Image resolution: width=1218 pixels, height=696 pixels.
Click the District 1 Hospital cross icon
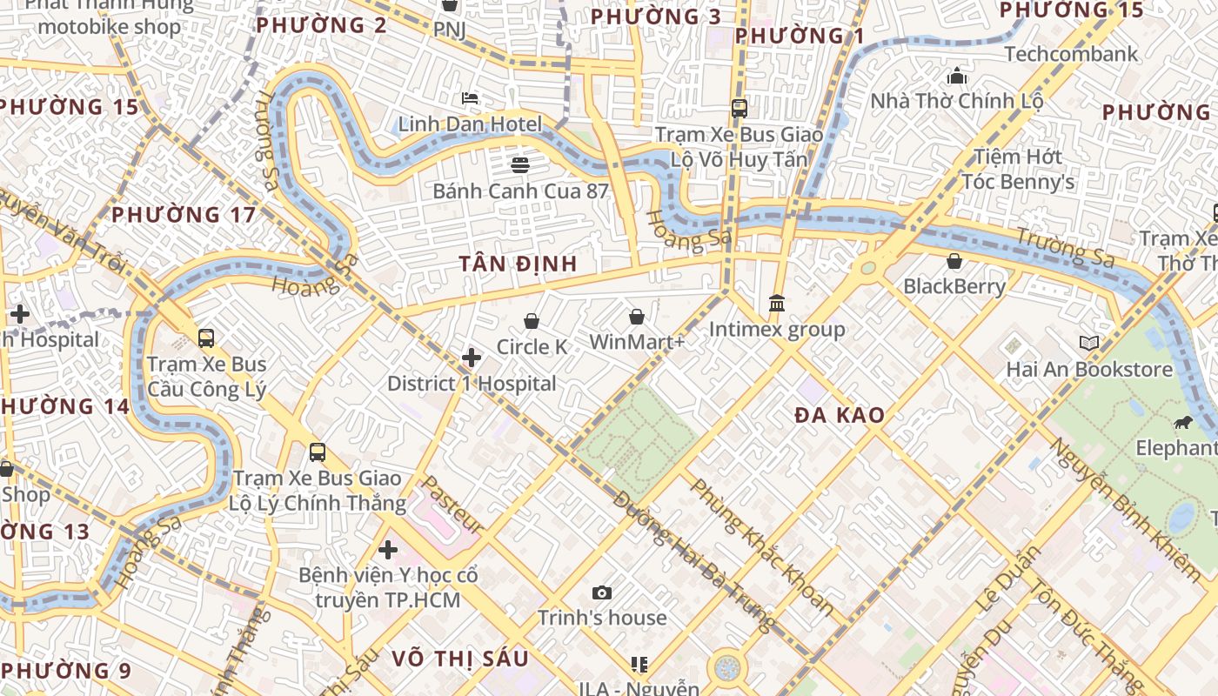point(472,358)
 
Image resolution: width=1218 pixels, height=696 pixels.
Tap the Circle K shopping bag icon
point(532,321)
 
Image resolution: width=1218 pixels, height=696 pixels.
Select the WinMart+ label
point(637,342)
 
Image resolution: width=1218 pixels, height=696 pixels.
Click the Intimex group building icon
point(777,304)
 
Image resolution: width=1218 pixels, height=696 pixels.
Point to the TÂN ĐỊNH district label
point(518,263)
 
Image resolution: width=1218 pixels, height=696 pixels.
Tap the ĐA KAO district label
point(840,415)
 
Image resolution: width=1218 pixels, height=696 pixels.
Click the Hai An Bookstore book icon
point(1089,343)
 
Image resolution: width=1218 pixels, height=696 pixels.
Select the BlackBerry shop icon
point(954,261)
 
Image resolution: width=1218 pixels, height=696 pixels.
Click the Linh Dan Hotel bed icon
point(470,98)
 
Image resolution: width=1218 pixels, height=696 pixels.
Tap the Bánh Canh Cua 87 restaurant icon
point(520,164)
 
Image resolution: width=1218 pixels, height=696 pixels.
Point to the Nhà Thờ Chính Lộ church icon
point(957,76)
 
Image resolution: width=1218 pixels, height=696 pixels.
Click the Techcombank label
point(1071,54)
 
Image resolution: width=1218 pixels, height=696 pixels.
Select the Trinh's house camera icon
point(601,593)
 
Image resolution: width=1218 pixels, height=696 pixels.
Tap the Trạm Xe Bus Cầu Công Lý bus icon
point(206,338)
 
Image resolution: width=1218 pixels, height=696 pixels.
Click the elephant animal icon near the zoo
point(1182,423)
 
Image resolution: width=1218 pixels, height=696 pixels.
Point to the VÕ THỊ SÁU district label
point(459,659)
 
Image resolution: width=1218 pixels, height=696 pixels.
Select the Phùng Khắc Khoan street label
point(761,546)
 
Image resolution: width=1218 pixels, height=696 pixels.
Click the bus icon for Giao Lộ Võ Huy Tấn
point(739,109)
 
